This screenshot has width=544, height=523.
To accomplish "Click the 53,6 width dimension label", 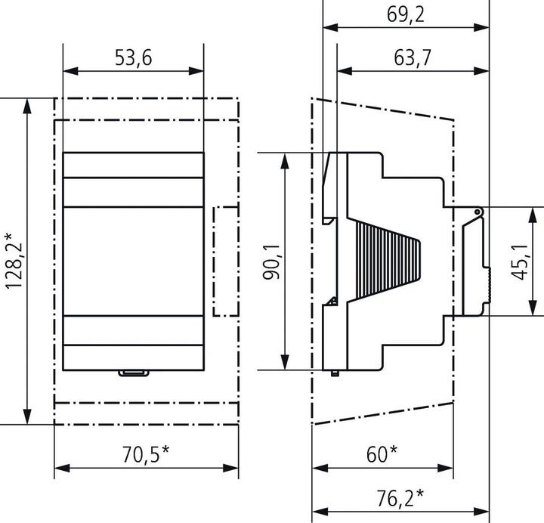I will pyautogui.click(x=132, y=58).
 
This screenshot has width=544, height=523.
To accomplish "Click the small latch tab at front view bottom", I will pyautogui.click(x=133, y=372).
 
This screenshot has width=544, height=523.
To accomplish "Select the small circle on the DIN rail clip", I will pyautogui.click(x=478, y=212).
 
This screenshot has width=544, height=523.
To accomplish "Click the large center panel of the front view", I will pyautogui.click(x=133, y=261).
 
